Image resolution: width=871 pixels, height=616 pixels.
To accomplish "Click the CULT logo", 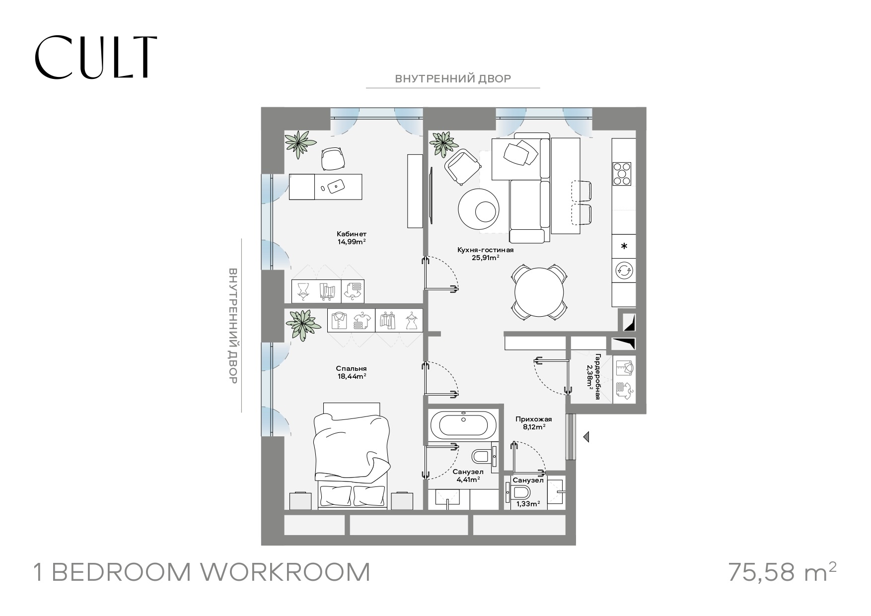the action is click(x=96, y=57).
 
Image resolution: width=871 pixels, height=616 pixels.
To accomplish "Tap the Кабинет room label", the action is click(x=351, y=234).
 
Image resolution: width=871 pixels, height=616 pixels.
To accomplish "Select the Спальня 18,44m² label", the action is click(x=351, y=372).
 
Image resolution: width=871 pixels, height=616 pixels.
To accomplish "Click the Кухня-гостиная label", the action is click(x=485, y=250).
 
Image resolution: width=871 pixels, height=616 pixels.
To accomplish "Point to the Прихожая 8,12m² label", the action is click(x=533, y=422).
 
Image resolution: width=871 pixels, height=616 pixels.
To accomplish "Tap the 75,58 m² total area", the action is click(x=782, y=571).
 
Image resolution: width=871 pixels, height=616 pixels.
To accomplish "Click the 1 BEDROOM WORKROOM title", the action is click(x=202, y=572).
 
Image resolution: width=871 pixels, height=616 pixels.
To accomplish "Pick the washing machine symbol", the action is click(x=624, y=271).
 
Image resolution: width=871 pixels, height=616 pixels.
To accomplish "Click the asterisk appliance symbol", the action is click(x=624, y=246).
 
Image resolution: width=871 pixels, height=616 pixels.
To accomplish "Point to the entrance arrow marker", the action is click(x=586, y=437).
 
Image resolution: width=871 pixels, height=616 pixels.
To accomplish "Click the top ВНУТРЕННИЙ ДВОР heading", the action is click(x=453, y=78).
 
